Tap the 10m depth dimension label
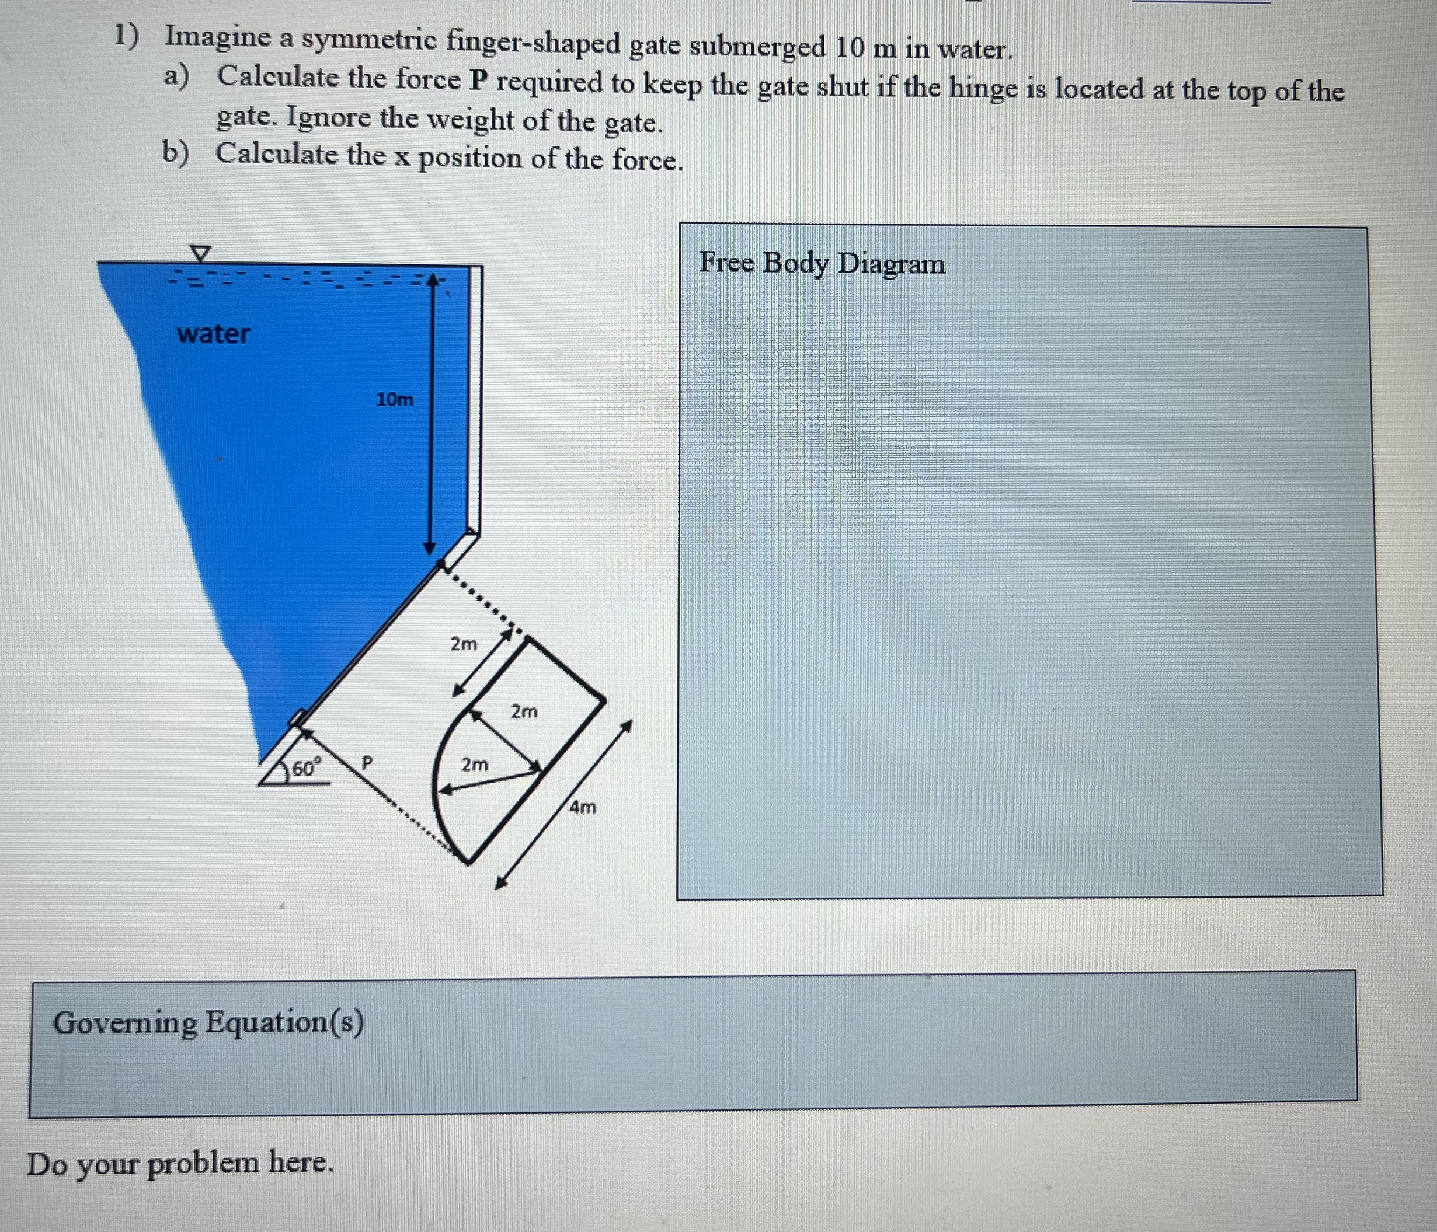394,399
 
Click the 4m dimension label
582,807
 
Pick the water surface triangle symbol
200,254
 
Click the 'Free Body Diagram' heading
822,263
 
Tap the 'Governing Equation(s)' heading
208,1022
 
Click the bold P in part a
479,81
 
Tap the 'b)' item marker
175,152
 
